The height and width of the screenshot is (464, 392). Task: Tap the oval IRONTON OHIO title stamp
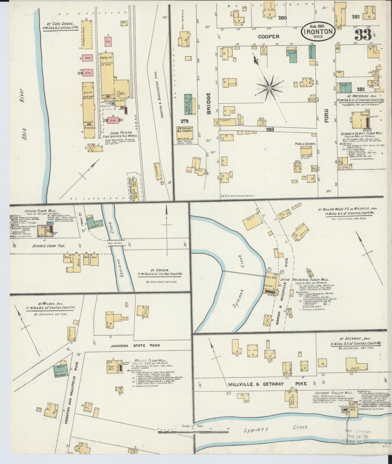pos(318,31)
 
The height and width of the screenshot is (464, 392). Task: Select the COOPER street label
pos(269,36)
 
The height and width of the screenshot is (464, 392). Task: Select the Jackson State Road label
pos(135,345)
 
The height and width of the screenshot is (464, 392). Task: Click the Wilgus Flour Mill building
pos(112,367)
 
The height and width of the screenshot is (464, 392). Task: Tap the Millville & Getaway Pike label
pos(267,384)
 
